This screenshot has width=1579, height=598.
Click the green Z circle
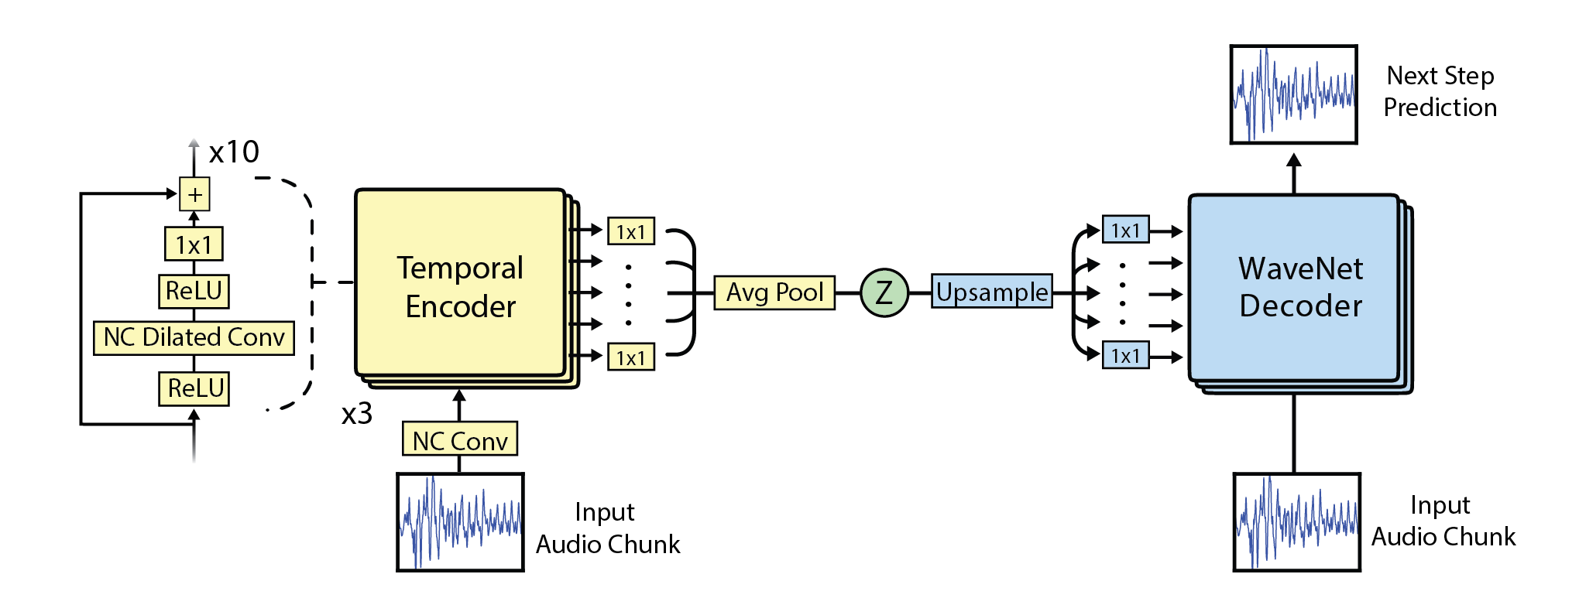(x=884, y=292)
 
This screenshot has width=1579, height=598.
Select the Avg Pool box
(x=774, y=292)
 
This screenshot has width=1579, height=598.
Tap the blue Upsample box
(x=991, y=292)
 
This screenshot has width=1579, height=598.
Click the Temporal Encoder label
(x=460, y=287)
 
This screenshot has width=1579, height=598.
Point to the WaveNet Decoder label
(x=1300, y=287)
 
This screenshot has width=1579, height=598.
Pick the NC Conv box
(x=460, y=439)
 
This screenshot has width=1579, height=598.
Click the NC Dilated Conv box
(x=194, y=338)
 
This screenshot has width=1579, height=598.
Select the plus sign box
(x=194, y=194)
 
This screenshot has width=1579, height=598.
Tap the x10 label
(x=234, y=152)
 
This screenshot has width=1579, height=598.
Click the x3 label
(x=357, y=415)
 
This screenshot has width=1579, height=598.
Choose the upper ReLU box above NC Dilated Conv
(x=194, y=292)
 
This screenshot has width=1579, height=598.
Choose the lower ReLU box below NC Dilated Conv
(x=194, y=388)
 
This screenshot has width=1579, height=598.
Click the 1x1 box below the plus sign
(x=194, y=244)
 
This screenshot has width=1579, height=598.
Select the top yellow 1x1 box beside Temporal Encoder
(x=630, y=231)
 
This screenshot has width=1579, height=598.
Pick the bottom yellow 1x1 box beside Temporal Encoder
(x=630, y=357)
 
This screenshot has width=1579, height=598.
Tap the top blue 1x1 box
(x=1125, y=230)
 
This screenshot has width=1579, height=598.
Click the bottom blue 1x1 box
(x=1125, y=356)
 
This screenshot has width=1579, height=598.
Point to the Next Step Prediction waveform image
(x=1293, y=94)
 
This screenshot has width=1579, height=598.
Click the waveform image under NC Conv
(x=460, y=522)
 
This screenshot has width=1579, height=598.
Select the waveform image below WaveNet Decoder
(x=1296, y=522)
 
